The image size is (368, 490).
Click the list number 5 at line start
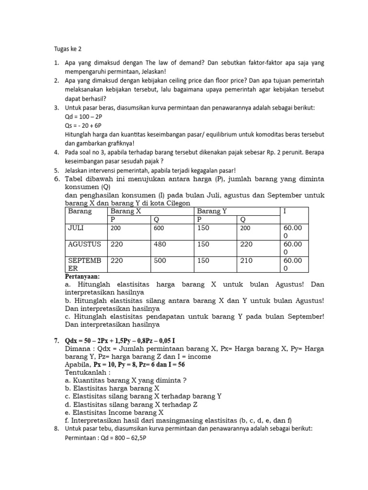(x=56, y=170)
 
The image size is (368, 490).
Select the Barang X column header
(x=126, y=211)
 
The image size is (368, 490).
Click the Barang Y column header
(x=213, y=211)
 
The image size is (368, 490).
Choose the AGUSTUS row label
(x=84, y=244)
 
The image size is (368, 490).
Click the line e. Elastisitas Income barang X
(x=114, y=412)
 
